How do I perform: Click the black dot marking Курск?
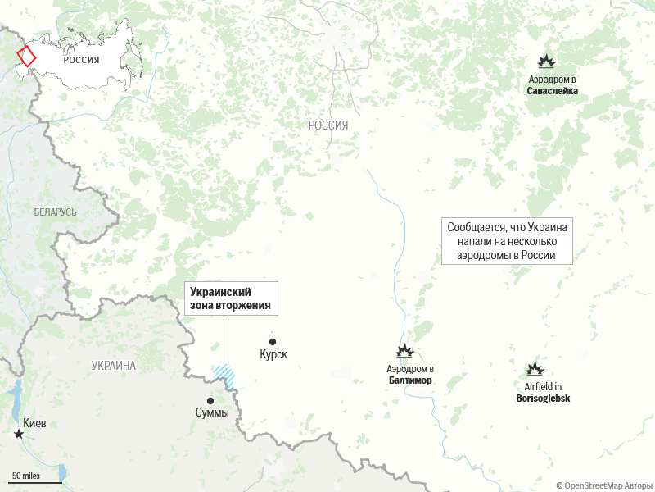(x=273, y=342)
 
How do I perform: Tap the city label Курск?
(x=273, y=356)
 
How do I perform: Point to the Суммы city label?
(x=212, y=412)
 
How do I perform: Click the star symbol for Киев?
(x=19, y=435)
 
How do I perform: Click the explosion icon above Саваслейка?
(x=546, y=61)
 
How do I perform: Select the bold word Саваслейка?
(x=552, y=91)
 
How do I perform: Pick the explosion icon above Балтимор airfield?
(x=404, y=352)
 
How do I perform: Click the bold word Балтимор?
(x=410, y=380)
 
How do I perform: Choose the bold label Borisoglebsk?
(x=543, y=399)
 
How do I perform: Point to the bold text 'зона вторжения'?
(x=230, y=305)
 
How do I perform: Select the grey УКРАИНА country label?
(x=114, y=366)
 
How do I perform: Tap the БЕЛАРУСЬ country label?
(x=56, y=212)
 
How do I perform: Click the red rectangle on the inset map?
(x=27, y=57)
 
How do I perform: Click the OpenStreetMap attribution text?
(x=605, y=485)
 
